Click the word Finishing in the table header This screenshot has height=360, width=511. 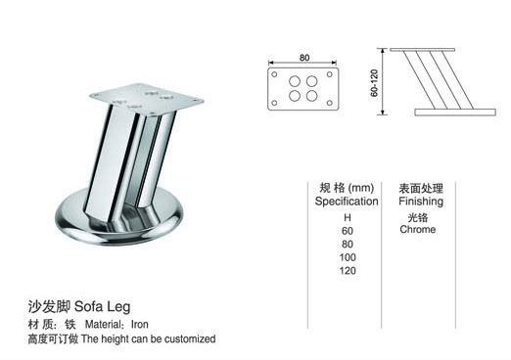click(x=421, y=201)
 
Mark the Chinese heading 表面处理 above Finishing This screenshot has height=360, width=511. click(x=421, y=187)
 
